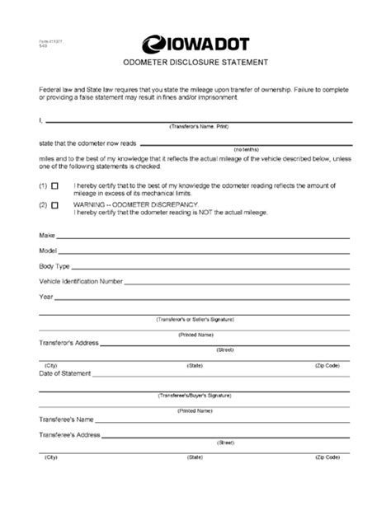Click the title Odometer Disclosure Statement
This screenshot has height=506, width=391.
(195, 63)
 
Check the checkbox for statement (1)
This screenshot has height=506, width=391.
(55, 185)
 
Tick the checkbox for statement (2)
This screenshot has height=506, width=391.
(55, 204)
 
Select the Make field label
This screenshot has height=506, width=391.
(46, 237)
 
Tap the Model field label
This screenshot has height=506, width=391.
(48, 251)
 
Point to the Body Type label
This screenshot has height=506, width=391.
(54, 267)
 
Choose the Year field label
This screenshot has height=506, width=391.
(46, 297)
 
